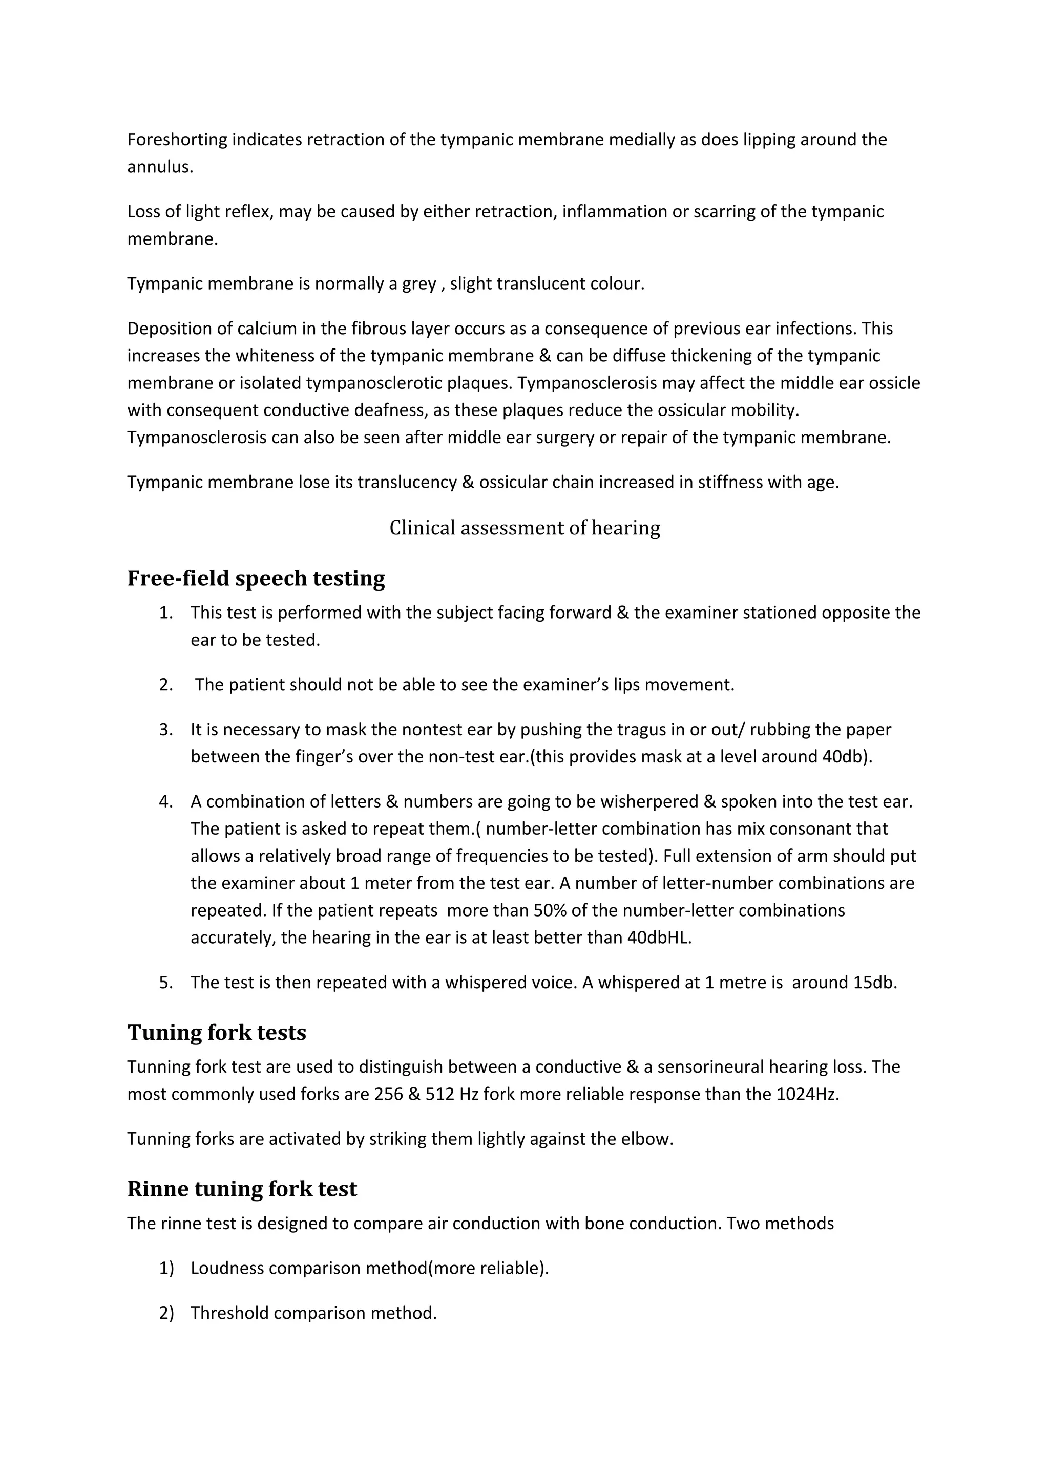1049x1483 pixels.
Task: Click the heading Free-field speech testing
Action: [256, 578]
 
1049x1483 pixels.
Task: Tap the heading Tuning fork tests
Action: [217, 1032]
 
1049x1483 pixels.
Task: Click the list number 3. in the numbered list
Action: [166, 730]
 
